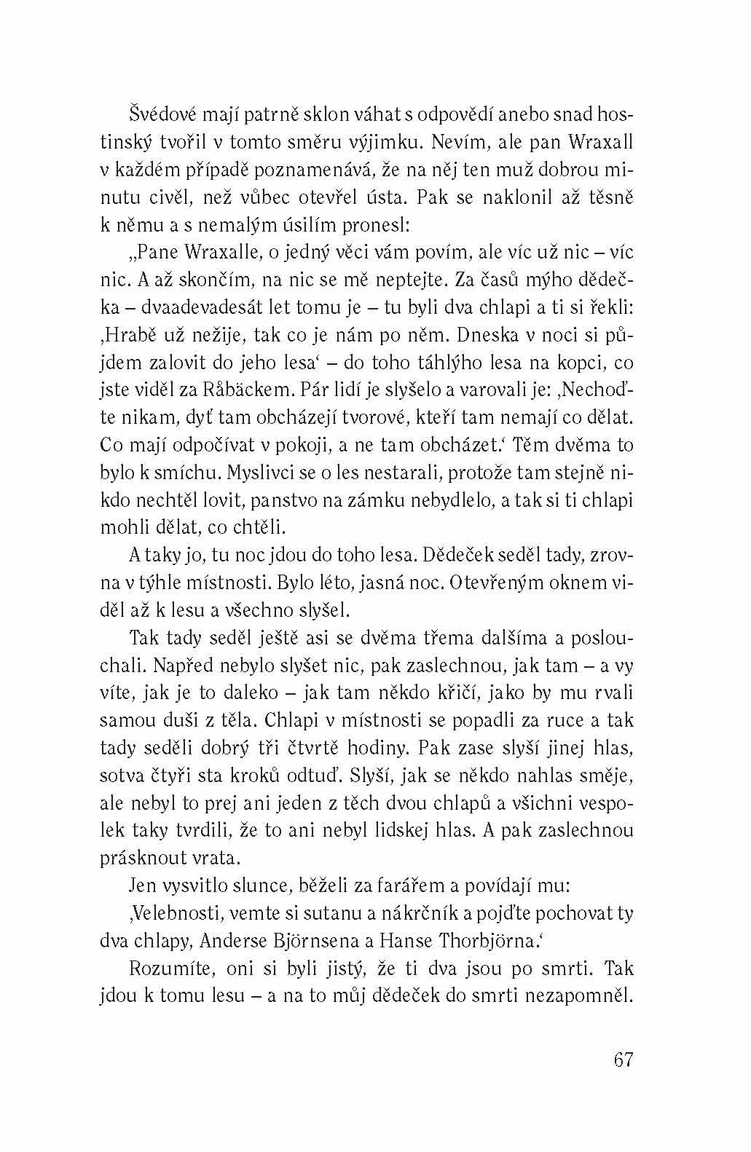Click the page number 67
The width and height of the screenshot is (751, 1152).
(624, 1059)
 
